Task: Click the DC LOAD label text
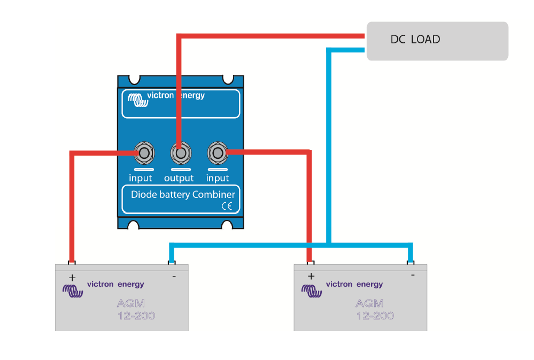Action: pyautogui.click(x=415, y=40)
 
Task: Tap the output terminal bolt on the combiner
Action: pyautogui.click(x=181, y=153)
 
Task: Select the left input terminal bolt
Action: pyautogui.click(x=144, y=153)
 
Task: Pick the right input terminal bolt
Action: pyautogui.click(x=218, y=153)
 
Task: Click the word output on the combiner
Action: pyautogui.click(x=179, y=178)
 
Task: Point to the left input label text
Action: pyautogui.click(x=140, y=178)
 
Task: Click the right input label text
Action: pyautogui.click(x=218, y=178)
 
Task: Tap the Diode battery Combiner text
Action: pyautogui.click(x=183, y=195)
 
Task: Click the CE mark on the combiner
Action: pyautogui.click(x=227, y=206)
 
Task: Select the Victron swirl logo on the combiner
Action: pyautogui.click(x=137, y=100)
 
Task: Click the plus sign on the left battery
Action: pyautogui.click(x=72, y=278)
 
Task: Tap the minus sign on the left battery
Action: pyautogui.click(x=174, y=277)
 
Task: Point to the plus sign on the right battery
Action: pyautogui.click(x=311, y=276)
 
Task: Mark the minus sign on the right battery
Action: pyautogui.click(x=413, y=275)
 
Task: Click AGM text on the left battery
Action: pyautogui.click(x=131, y=303)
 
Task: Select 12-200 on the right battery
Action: pyautogui.click(x=375, y=316)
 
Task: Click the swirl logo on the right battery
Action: pyautogui.click(x=311, y=291)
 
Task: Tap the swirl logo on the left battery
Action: pyautogui.click(x=73, y=291)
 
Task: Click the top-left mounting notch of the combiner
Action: pyautogui.click(x=134, y=80)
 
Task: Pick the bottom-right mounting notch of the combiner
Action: pyautogui.click(x=227, y=225)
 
